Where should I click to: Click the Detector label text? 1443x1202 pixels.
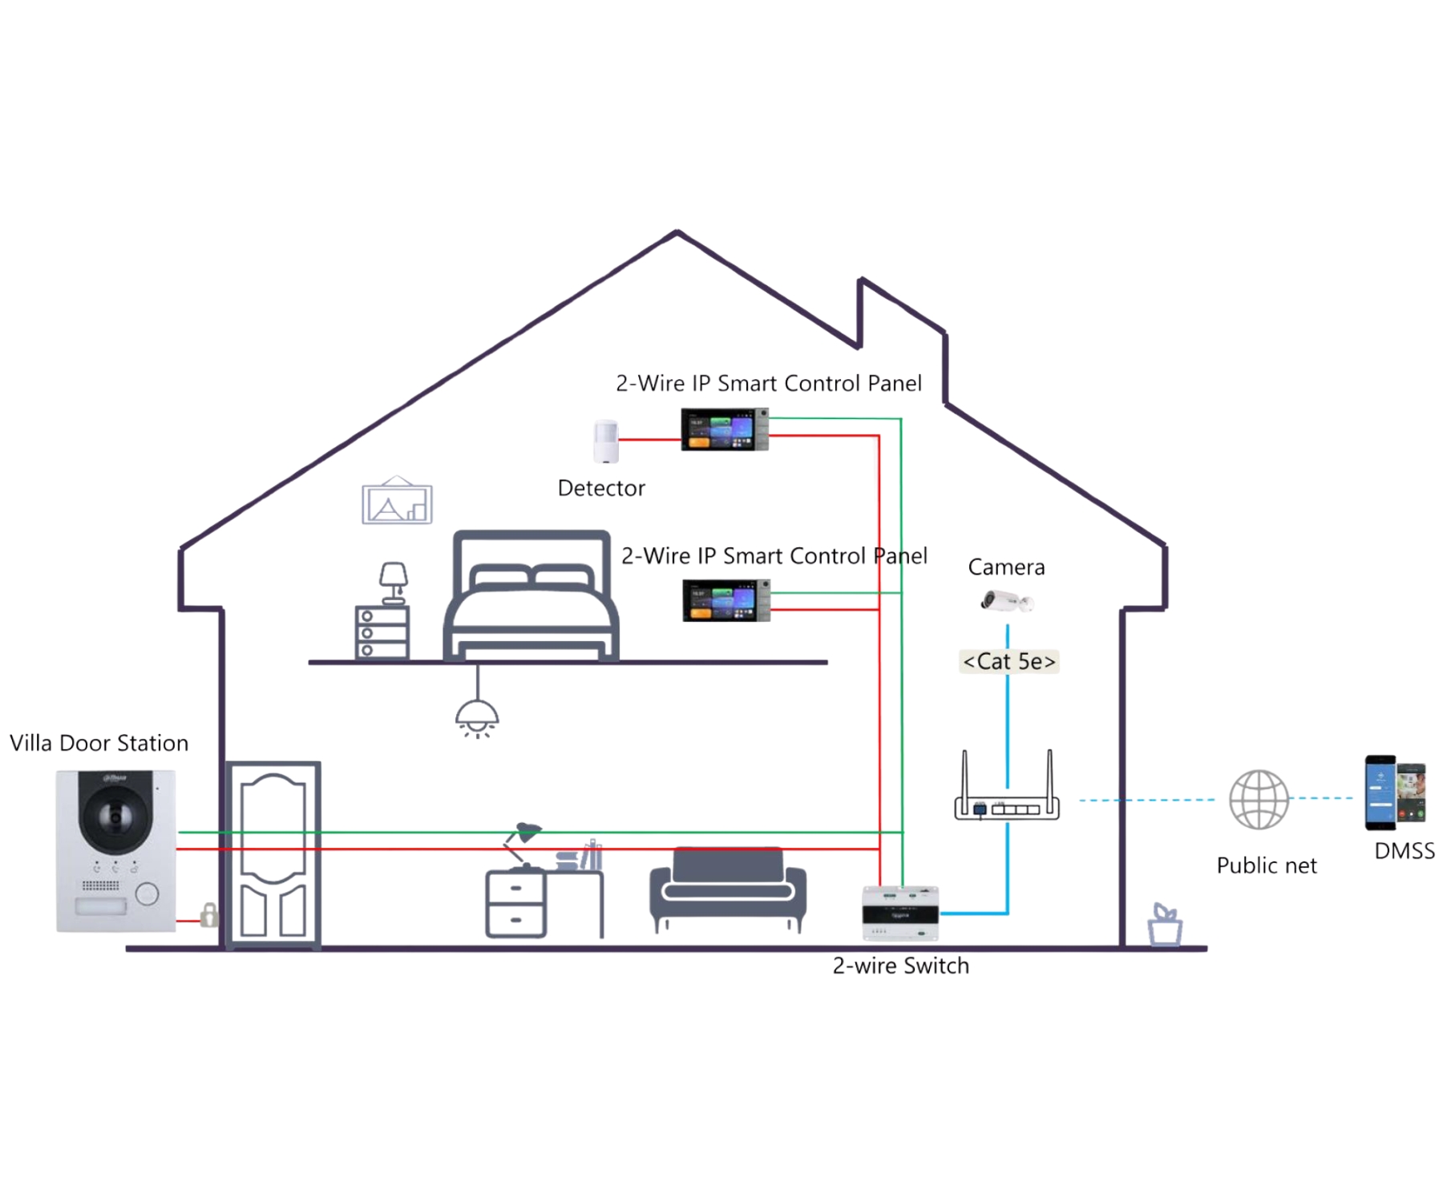coord(601,488)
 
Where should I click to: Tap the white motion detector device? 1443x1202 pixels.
coord(606,442)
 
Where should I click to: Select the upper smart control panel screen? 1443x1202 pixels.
coord(725,430)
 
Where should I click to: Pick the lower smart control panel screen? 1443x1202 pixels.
coord(726,600)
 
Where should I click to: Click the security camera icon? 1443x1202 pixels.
coord(1007,600)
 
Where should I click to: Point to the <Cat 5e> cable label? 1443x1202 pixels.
coord(1008,661)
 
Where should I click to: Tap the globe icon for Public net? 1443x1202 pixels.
coord(1259,799)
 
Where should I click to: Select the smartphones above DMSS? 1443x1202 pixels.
coord(1396,793)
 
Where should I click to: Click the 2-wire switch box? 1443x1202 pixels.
coord(900,913)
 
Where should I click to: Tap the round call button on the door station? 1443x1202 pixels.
coord(147,893)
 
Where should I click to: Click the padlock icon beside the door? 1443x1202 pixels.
coord(208,915)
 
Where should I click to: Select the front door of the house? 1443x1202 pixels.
coord(273,854)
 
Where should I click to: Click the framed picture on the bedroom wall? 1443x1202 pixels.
coord(397,501)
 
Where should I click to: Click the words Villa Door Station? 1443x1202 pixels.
coord(99,743)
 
